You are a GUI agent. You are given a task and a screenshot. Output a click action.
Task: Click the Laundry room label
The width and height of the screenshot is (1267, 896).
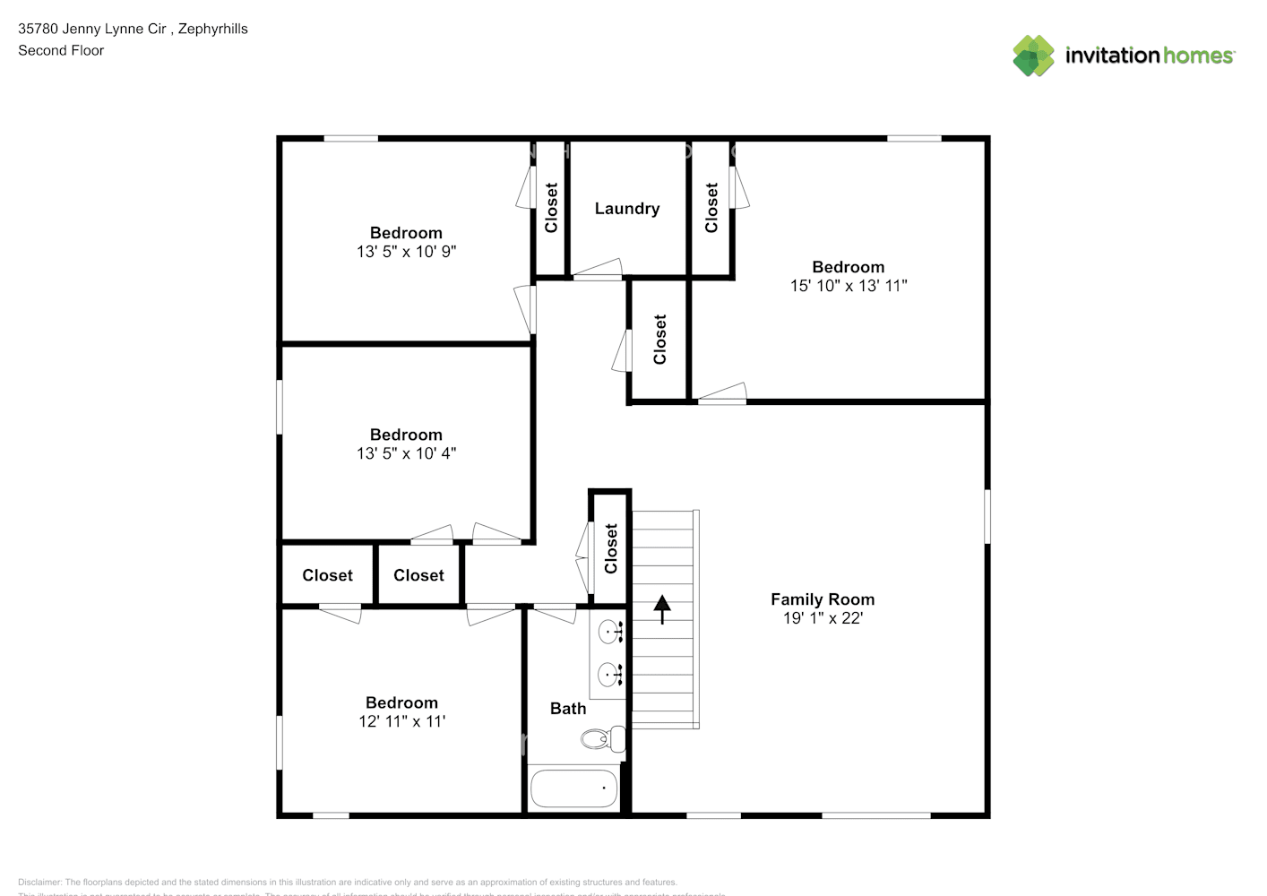[627, 209]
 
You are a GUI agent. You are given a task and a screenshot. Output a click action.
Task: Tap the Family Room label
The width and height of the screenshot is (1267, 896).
[823, 599]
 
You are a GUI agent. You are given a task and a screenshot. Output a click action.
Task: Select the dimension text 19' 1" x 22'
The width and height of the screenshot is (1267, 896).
[823, 618]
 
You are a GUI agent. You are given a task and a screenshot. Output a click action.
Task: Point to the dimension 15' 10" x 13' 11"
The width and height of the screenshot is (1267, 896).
[849, 286]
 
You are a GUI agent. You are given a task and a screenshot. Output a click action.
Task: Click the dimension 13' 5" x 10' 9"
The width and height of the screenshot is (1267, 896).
[406, 252]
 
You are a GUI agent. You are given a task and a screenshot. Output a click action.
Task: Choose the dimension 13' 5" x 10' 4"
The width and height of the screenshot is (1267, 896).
[406, 453]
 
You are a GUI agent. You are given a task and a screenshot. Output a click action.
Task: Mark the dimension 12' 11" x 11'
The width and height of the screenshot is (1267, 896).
[401, 721]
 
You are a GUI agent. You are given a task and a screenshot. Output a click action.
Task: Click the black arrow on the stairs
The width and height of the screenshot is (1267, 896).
[662, 609]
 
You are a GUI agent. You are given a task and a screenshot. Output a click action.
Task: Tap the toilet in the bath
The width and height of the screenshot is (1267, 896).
[603, 739]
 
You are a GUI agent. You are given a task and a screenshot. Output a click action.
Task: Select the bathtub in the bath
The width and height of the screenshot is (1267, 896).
[574, 788]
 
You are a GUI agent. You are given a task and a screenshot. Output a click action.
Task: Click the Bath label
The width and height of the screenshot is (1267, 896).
[568, 709]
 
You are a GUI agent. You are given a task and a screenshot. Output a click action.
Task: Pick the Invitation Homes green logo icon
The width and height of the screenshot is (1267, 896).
[1033, 56]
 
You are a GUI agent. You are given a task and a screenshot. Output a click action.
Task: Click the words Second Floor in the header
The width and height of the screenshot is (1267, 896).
[61, 51]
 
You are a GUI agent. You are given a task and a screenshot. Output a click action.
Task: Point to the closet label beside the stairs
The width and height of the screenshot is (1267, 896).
[611, 548]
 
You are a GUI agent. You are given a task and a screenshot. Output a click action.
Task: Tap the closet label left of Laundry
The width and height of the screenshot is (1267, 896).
[551, 208]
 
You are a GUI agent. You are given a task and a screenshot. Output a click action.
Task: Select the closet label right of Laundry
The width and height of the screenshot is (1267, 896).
[711, 208]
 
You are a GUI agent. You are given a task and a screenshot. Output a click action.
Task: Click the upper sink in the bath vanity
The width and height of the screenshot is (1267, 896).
[611, 632]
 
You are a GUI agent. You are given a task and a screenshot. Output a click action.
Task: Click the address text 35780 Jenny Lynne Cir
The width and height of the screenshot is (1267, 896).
[92, 29]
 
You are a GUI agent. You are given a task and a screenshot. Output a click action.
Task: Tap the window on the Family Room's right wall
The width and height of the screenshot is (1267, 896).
[987, 515]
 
